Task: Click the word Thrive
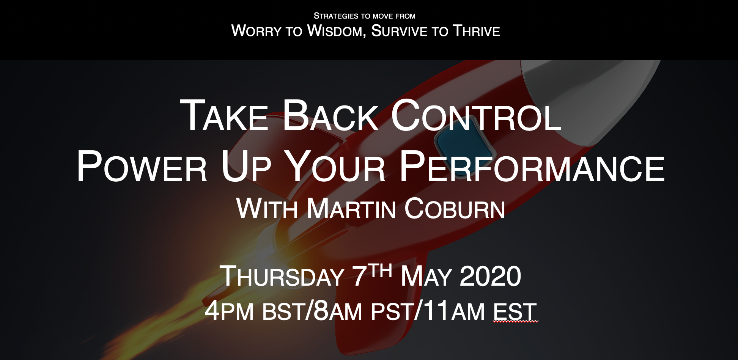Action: (x=476, y=31)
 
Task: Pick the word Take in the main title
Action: (x=224, y=116)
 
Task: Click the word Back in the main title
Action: (x=330, y=116)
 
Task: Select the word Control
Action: (x=476, y=116)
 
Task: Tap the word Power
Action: (x=142, y=166)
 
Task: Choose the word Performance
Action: (x=532, y=166)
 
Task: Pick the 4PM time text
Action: (x=229, y=311)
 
